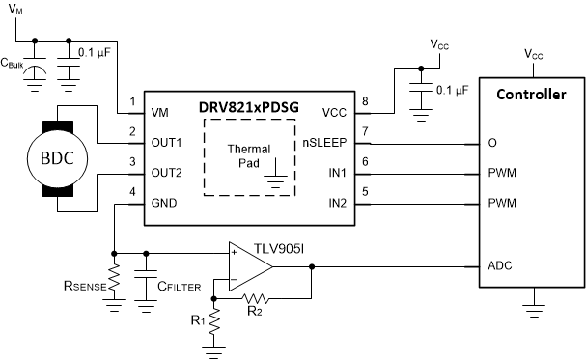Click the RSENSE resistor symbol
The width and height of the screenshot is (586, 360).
tap(115, 281)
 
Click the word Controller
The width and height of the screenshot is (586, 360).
tap(530, 94)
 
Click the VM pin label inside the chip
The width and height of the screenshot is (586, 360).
tap(162, 112)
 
